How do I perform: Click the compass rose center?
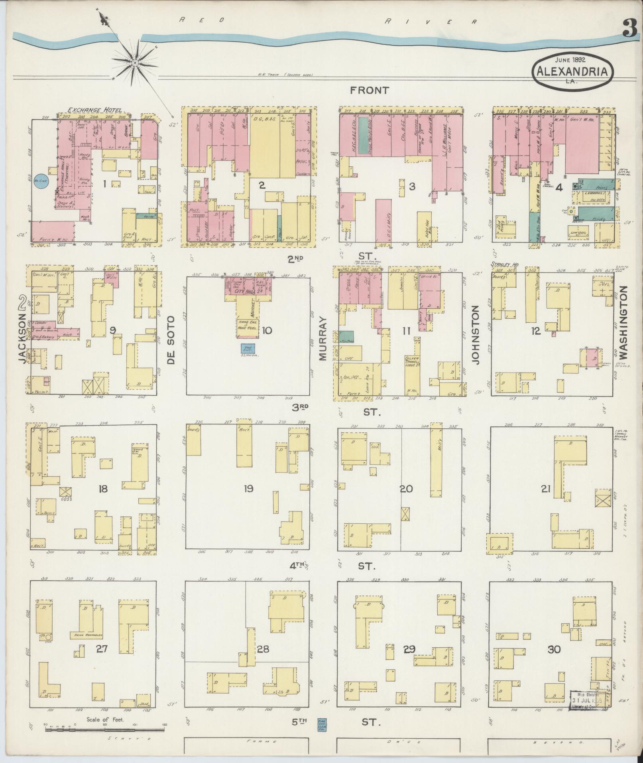tap(136, 63)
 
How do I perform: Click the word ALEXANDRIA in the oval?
tap(572, 71)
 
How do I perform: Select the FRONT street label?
tap(369, 91)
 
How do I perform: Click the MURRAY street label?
tap(322, 339)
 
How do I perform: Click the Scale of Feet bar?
tap(104, 730)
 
